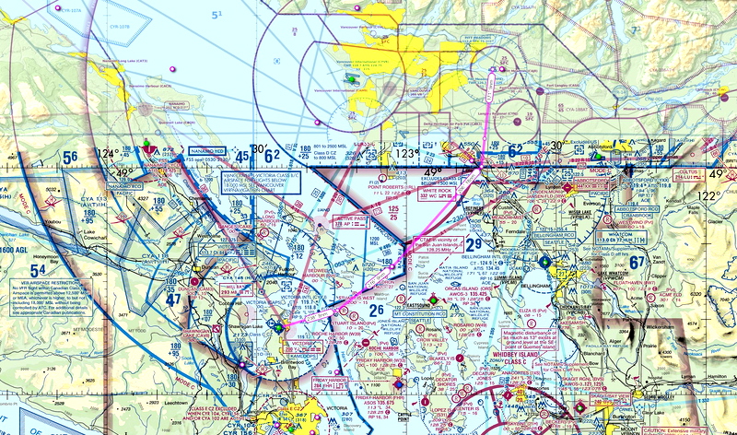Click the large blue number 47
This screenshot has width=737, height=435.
pos(174,299)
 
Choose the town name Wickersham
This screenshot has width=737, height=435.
pos(663,326)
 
